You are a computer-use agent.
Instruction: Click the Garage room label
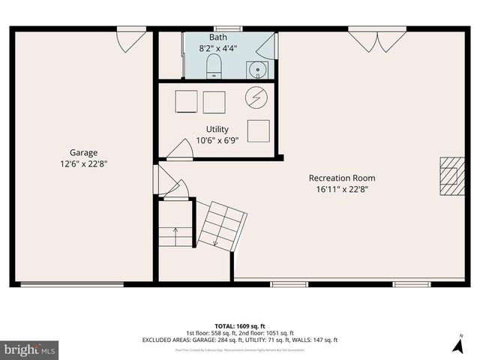[84, 152]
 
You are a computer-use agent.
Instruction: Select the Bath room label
[217, 37]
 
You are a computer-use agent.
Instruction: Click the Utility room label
[217, 129]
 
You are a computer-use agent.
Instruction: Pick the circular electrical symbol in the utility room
[256, 97]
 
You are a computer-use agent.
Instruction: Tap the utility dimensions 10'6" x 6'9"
[217, 140]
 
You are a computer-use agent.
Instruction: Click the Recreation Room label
[342, 178]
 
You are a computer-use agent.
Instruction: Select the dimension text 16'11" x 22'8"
[342, 189]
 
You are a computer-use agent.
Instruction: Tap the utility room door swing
[181, 149]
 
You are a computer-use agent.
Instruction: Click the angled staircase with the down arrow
[222, 223]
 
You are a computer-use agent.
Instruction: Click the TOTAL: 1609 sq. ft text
[240, 326]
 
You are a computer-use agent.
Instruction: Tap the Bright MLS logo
[30, 349]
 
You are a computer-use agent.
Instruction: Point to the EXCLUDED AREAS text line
[240, 340]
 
